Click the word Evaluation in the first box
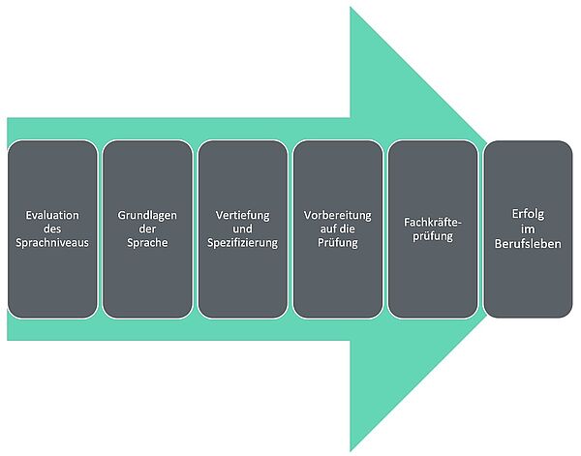52,214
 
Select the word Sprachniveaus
52,243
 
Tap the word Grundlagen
147,214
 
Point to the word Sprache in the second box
147,243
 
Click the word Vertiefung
243,214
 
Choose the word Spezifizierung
243,243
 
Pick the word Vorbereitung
338,214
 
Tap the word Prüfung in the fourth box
338,243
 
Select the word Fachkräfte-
433,221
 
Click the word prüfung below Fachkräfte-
433,235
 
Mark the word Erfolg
529,214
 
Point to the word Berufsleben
529,243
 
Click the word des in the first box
52,228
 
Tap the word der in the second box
147,228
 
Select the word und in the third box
243,228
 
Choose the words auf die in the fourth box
338,228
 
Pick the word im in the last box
529,228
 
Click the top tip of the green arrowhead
351,8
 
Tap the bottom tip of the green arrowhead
351,450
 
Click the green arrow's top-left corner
8,118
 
